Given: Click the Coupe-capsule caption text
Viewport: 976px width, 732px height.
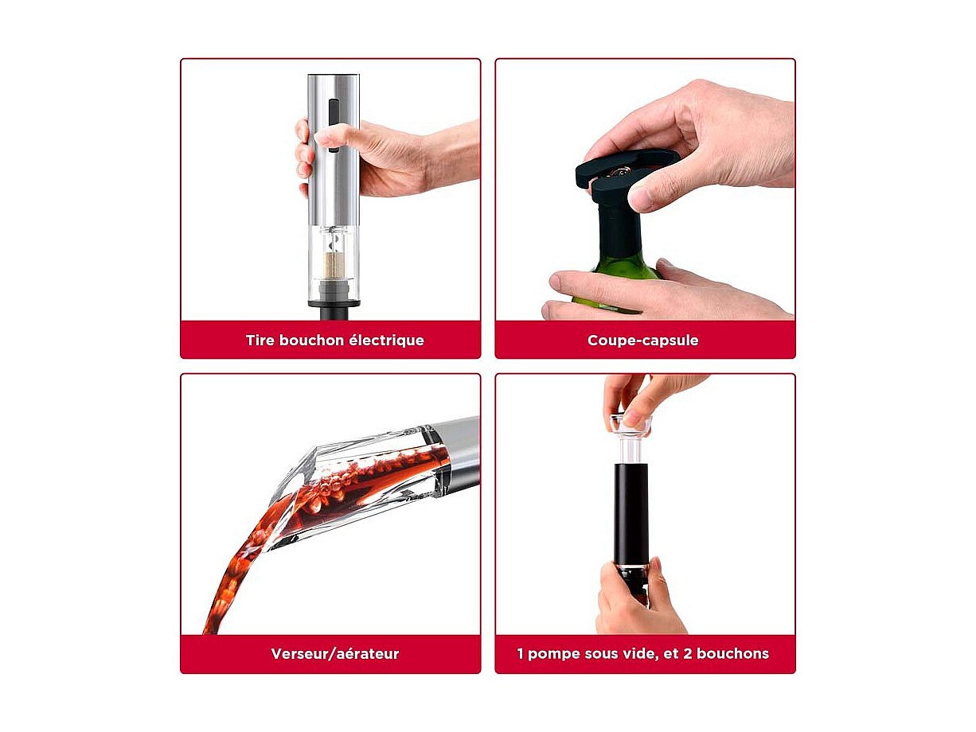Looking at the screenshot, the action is (643, 341).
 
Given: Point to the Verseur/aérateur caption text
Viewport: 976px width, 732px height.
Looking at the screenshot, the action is (335, 654).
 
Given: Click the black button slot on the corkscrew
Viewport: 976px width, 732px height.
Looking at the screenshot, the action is (333, 126).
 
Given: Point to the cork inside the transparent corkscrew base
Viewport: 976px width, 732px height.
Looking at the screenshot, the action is (334, 264).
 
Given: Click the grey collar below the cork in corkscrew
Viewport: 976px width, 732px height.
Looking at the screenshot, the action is (334, 289).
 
